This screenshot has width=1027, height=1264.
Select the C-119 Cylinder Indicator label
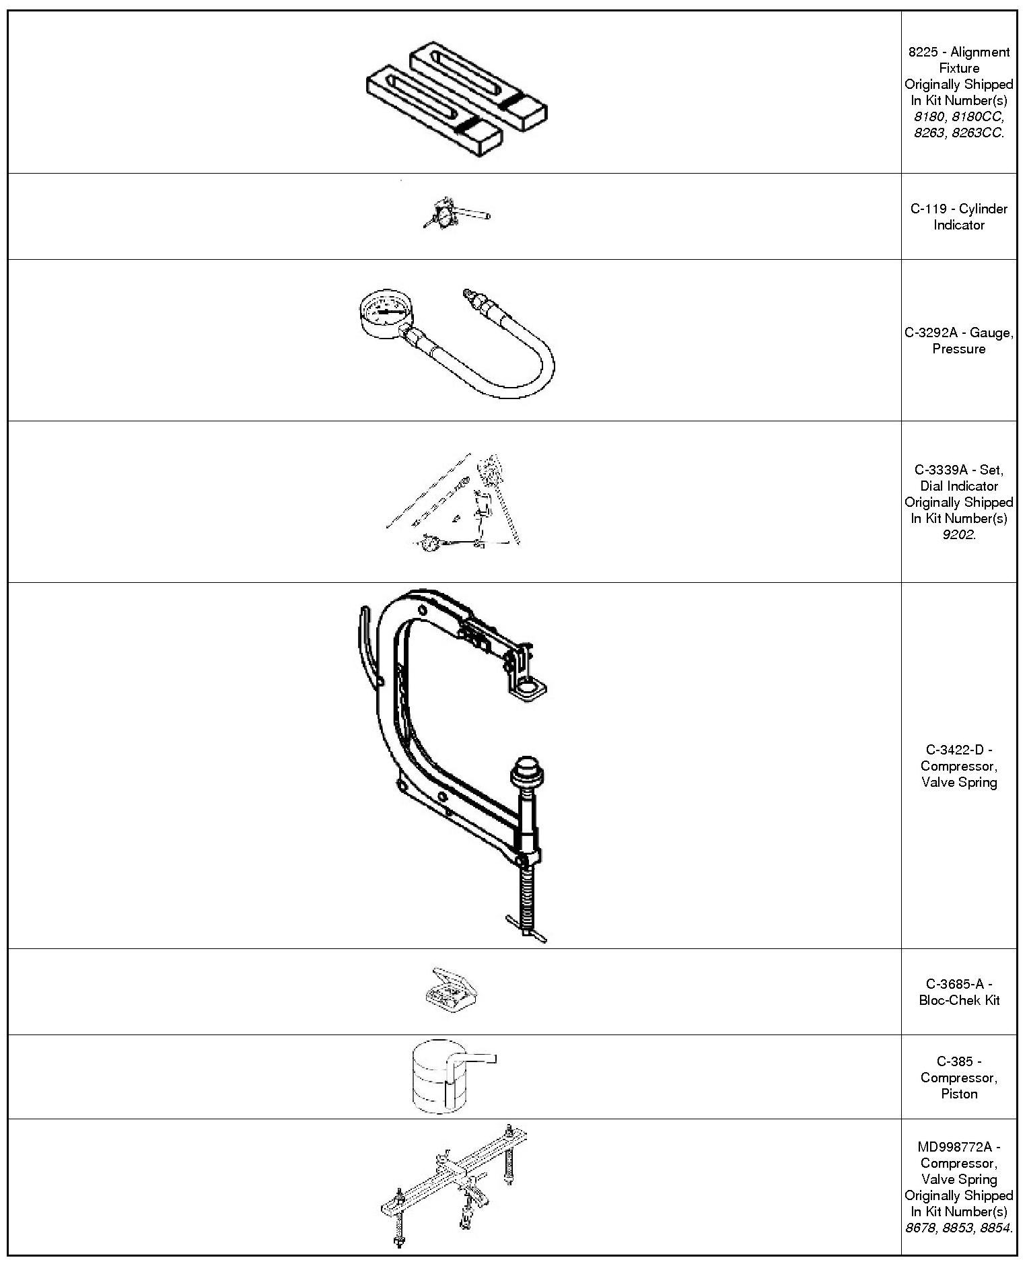958,217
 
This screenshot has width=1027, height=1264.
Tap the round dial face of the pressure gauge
382,312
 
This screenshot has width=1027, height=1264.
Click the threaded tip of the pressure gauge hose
467,295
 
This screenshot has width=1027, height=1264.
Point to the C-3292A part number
938,332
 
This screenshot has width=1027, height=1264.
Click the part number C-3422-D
958,750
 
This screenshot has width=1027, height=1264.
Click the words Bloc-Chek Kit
959,1000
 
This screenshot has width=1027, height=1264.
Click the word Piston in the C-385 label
958,1094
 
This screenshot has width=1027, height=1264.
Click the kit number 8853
959,1228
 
